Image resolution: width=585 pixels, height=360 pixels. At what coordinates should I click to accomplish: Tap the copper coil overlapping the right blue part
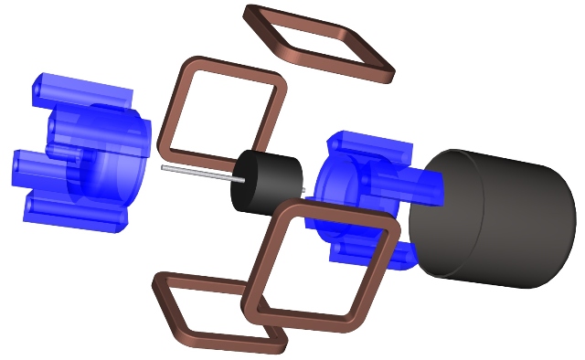(384, 275)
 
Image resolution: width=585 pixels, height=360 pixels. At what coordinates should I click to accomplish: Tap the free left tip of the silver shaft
(164, 167)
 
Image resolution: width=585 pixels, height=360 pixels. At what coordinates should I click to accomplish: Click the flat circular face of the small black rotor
(246, 182)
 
